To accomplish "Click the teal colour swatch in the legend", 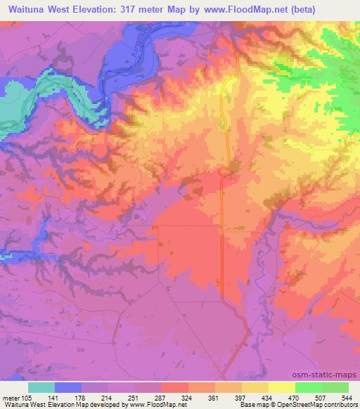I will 41,387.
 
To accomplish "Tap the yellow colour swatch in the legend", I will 282,387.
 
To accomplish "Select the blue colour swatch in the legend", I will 68,387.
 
